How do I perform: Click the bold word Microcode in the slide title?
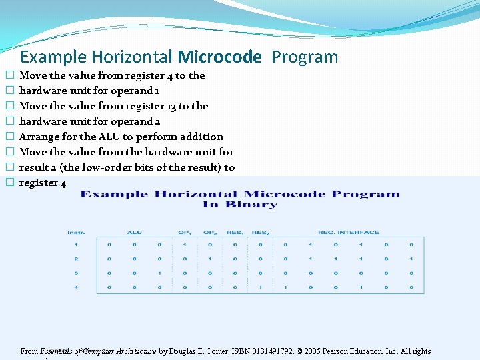click(x=220, y=57)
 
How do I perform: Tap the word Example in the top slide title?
click(x=53, y=57)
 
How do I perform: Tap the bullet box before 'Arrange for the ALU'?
click(x=9, y=137)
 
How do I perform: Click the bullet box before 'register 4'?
click(x=9, y=183)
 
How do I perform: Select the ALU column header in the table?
click(x=134, y=233)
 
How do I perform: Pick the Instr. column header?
click(x=75, y=233)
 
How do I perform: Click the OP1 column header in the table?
click(x=183, y=233)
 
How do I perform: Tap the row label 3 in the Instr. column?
click(x=76, y=273)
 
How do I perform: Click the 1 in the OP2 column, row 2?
click(x=209, y=259)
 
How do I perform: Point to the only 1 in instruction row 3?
click(x=159, y=273)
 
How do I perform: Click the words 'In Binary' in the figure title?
click(x=239, y=205)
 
